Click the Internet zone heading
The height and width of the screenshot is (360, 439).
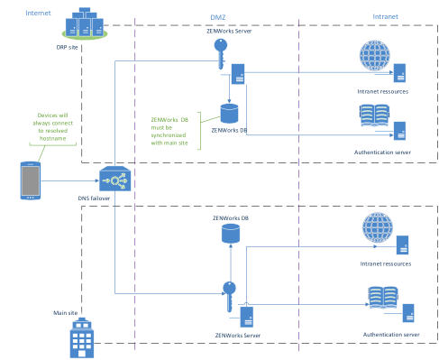click(38, 14)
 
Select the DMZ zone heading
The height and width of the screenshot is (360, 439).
click(218, 16)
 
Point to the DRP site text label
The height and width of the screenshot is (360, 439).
click(68, 45)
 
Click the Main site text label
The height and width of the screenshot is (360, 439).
click(64, 312)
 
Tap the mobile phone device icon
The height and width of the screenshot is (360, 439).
click(31, 180)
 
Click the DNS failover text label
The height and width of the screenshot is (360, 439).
click(94, 198)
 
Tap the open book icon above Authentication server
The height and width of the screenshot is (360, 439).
click(374, 115)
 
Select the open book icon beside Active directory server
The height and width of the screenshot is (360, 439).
click(382, 297)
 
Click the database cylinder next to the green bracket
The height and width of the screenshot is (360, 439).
click(230, 114)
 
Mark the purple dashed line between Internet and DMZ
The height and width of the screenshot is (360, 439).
click(134, 180)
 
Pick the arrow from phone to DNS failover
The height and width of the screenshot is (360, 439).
click(72, 180)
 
